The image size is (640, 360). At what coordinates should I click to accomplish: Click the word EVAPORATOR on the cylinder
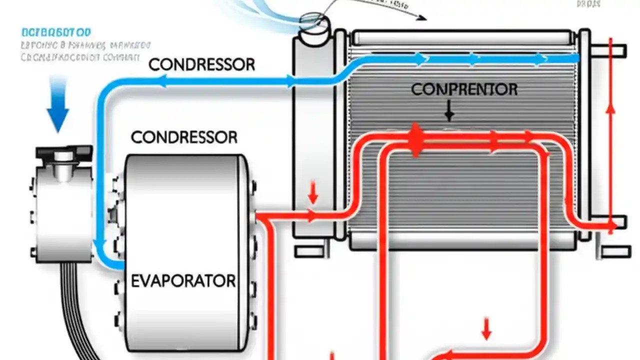[x=183, y=280]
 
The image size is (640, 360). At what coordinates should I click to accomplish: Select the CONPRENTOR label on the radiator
[x=464, y=89]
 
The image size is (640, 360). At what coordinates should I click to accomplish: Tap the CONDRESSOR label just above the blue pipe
[x=201, y=64]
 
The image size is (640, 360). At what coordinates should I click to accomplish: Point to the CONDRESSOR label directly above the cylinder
[x=183, y=137]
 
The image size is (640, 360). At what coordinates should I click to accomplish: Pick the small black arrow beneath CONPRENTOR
[x=449, y=112]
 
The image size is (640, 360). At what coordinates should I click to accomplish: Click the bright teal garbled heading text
[x=56, y=33]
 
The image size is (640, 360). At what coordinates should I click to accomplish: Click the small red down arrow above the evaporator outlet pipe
[x=313, y=193]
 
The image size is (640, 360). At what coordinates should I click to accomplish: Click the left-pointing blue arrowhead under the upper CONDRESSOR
[x=162, y=81]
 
